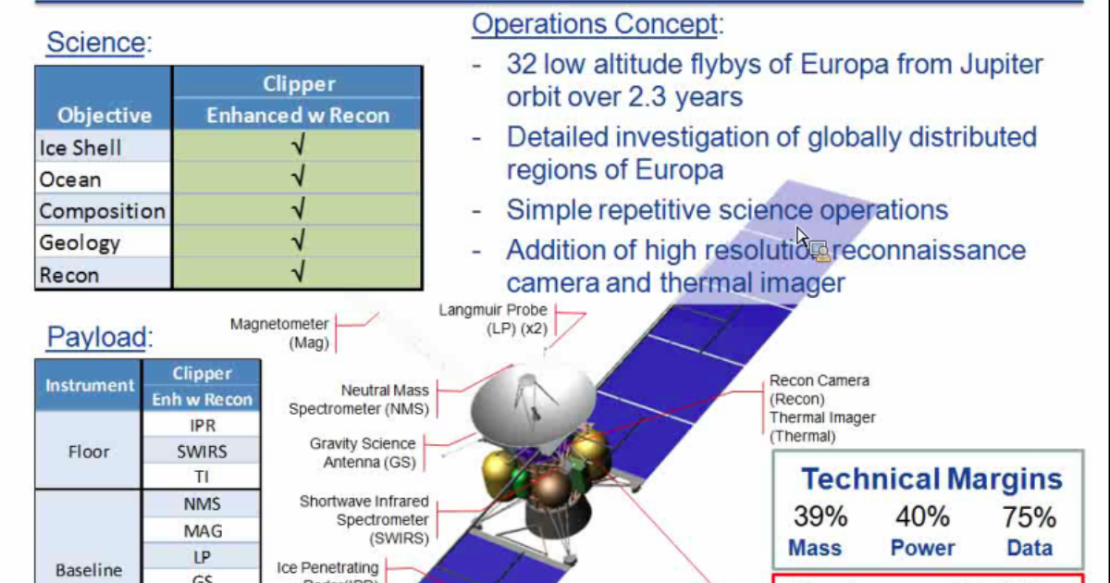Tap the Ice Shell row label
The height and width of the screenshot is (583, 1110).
[80, 147]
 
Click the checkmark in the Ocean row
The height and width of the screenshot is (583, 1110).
[298, 179]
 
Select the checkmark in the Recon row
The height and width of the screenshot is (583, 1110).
[298, 274]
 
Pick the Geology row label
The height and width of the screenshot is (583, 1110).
[80, 242]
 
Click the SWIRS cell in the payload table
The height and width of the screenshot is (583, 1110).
[202, 451]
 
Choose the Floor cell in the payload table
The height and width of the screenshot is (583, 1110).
[89, 452]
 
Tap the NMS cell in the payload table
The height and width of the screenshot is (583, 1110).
[202, 504]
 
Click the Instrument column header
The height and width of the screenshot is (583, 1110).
[90, 385]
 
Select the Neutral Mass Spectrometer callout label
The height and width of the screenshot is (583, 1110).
[359, 400]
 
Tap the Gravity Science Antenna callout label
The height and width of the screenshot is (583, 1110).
[363, 453]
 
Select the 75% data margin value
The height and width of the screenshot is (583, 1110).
[1030, 516]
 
